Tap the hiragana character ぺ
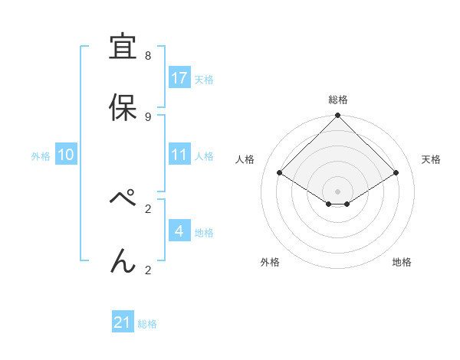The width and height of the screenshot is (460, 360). [123, 200]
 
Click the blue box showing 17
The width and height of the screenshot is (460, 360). [179, 78]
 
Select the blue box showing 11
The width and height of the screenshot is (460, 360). [179, 155]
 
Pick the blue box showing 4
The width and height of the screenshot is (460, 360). [179, 231]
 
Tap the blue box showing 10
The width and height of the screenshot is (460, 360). [66, 155]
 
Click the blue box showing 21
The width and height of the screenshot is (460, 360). [123, 323]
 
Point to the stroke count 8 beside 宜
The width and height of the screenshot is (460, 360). [148, 56]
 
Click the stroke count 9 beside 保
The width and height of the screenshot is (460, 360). [148, 116]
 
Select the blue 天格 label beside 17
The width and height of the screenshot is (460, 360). [204, 79]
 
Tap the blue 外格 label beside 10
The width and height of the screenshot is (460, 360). [41, 155]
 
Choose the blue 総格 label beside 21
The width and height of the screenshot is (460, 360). [147, 324]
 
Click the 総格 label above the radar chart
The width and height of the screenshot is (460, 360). [338, 100]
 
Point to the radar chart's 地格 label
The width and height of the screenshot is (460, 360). [402, 262]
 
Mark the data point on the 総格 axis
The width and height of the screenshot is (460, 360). [338, 116]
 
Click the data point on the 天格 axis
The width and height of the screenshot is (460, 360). [396, 173]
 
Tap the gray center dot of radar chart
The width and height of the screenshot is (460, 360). [338, 191]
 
